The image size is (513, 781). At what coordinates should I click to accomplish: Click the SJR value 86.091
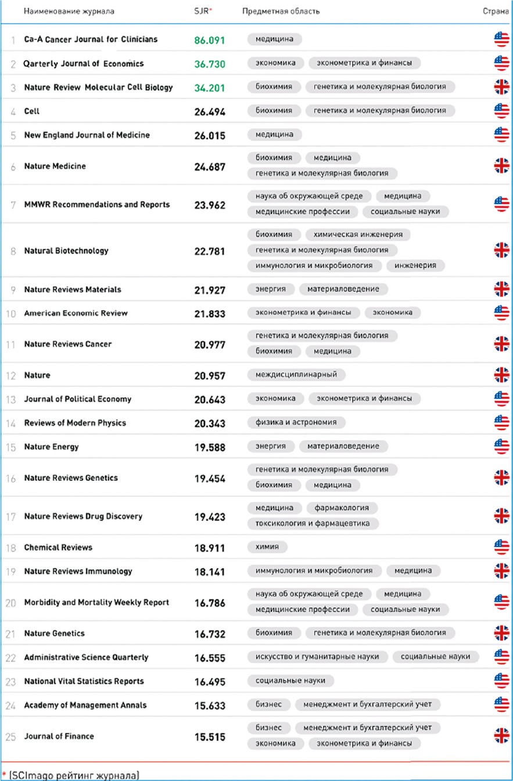click(209, 40)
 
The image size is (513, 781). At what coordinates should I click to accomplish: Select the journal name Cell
click(32, 111)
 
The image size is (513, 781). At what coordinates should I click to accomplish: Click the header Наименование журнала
click(69, 11)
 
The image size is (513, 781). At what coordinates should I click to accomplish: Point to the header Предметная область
click(281, 11)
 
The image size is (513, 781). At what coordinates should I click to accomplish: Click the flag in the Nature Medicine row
click(501, 166)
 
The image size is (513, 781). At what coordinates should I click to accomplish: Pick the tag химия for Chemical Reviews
click(267, 547)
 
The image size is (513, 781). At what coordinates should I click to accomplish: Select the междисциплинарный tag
click(296, 374)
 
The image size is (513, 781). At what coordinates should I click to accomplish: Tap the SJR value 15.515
click(210, 737)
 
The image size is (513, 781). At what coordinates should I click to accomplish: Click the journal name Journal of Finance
click(59, 736)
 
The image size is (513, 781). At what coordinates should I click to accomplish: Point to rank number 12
click(10, 375)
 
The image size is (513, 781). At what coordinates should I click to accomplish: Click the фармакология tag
click(342, 508)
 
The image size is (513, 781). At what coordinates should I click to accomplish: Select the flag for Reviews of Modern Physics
click(501, 422)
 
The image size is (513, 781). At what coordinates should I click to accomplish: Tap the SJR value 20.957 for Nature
click(210, 375)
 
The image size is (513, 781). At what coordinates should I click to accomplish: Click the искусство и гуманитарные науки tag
click(317, 656)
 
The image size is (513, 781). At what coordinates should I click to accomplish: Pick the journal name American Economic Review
click(76, 313)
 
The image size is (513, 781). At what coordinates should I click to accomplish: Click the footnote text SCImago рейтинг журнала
click(74, 775)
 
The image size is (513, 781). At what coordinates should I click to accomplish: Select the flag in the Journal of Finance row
click(501, 736)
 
